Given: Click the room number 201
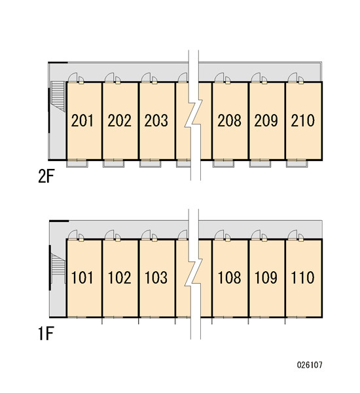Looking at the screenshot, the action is tap(82, 121).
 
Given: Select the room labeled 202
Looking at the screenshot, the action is tap(119, 121).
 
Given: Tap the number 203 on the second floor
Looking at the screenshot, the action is tap(156, 121).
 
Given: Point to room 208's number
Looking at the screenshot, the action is tap(229, 121).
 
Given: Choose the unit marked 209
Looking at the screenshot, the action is tap(266, 121).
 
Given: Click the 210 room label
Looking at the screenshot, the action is tap(302, 121).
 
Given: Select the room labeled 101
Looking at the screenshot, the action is tap(82, 278).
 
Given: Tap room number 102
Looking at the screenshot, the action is tap(119, 278).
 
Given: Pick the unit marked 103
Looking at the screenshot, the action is tap(156, 278).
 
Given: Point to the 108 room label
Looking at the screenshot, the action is tap(229, 278).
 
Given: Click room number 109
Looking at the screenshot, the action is tap(266, 278).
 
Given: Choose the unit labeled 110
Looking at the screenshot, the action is tap(302, 278).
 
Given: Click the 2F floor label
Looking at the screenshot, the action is tap(46, 177).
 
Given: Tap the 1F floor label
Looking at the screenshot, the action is tap(46, 333).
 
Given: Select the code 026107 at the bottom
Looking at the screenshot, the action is tap(310, 365).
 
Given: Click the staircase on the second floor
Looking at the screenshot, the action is tap(58, 96).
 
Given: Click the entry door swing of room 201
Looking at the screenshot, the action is tap(73, 77).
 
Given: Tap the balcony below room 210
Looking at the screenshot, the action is tap(297, 163).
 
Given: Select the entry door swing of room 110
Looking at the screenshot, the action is tap(293, 234).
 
